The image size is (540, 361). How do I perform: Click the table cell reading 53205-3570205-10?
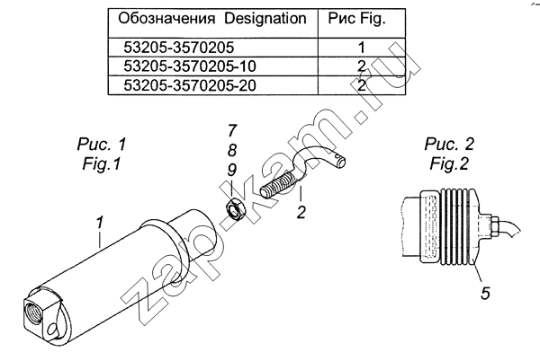click(x=190, y=66)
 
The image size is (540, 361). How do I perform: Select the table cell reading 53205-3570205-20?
click(x=190, y=85)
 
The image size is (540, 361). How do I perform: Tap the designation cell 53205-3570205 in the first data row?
click(x=179, y=48)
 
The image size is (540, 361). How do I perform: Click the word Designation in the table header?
click(x=265, y=19)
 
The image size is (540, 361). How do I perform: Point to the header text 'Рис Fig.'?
click(x=356, y=19)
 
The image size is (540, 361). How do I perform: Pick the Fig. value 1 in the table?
click(x=361, y=48)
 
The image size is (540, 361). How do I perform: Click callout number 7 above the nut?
click(x=232, y=131)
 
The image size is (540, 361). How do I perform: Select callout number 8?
click(x=232, y=150)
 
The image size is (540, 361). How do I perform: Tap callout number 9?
click(x=232, y=170)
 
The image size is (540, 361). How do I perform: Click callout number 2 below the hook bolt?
click(x=301, y=212)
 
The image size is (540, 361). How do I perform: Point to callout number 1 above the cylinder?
click(x=100, y=223)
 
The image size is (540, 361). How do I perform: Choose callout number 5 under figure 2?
click(x=485, y=293)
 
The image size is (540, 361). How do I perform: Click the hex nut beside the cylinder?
click(x=235, y=209)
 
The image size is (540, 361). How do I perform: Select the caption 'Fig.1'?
click(x=102, y=163)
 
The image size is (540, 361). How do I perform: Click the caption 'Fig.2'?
click(x=449, y=163)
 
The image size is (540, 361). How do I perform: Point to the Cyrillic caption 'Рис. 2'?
click(x=449, y=144)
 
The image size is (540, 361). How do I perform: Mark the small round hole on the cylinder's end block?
click(x=52, y=330)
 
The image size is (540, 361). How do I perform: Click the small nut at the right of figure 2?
click(x=495, y=226)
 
